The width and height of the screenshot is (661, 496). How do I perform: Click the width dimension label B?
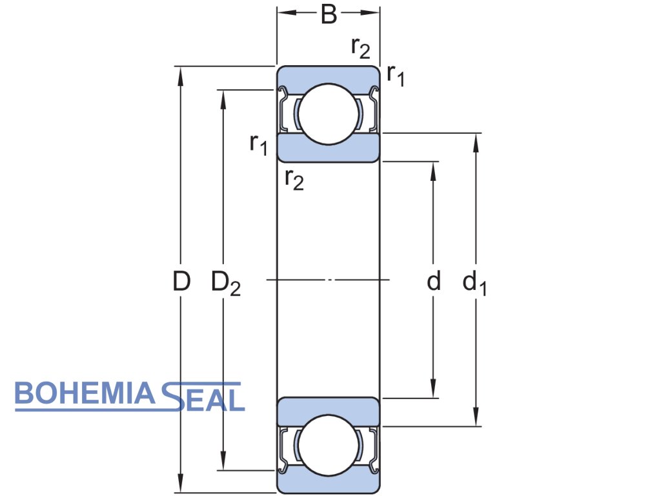(329, 14)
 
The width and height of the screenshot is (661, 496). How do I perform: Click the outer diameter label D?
(181, 282)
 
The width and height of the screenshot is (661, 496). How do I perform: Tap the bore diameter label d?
(434, 282)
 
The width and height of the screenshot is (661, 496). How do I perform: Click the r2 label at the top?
(360, 47)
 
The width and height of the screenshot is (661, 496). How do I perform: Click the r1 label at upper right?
(395, 76)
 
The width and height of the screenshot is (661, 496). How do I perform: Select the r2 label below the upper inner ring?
(294, 180)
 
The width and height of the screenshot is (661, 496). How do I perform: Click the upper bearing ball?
(328, 114)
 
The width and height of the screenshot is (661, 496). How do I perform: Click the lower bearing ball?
(328, 446)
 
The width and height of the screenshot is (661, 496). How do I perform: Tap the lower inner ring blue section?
(328, 411)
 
